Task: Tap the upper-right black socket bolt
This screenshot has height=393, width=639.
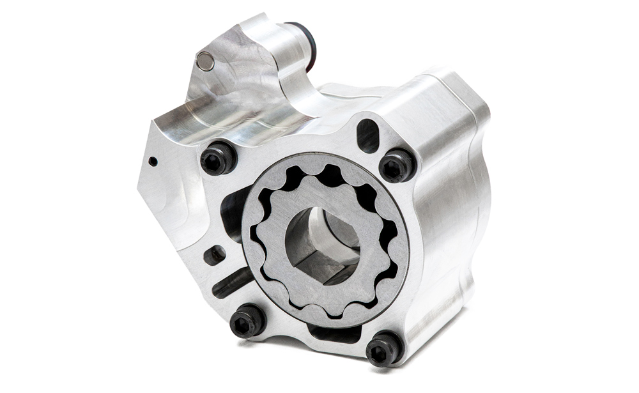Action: point(397,165)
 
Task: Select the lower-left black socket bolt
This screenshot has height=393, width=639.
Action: point(248,321)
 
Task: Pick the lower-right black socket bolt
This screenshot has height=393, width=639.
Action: point(385,347)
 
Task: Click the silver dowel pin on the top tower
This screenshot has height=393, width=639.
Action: point(205,61)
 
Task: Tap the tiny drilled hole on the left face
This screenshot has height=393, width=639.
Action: point(153,162)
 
